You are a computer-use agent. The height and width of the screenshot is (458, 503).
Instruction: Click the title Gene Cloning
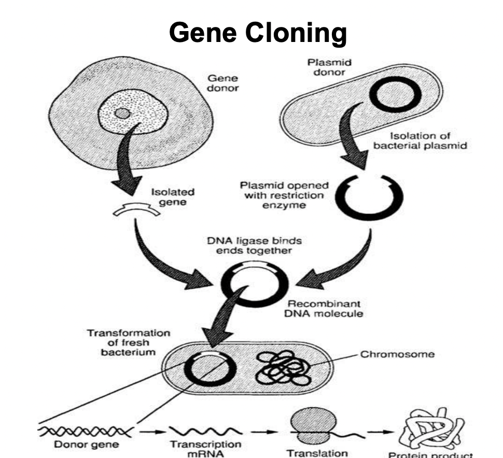coord(258,34)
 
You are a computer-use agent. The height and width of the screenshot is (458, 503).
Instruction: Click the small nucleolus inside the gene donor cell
coord(122,113)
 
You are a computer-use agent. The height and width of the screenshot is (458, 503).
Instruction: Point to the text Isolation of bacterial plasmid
coord(420,141)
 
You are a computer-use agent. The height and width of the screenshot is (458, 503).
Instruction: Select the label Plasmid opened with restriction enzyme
coord(284,195)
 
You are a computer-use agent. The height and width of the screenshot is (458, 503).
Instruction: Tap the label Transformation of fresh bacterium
coord(128,342)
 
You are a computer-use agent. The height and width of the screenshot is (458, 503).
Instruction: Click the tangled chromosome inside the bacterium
coord(282,369)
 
